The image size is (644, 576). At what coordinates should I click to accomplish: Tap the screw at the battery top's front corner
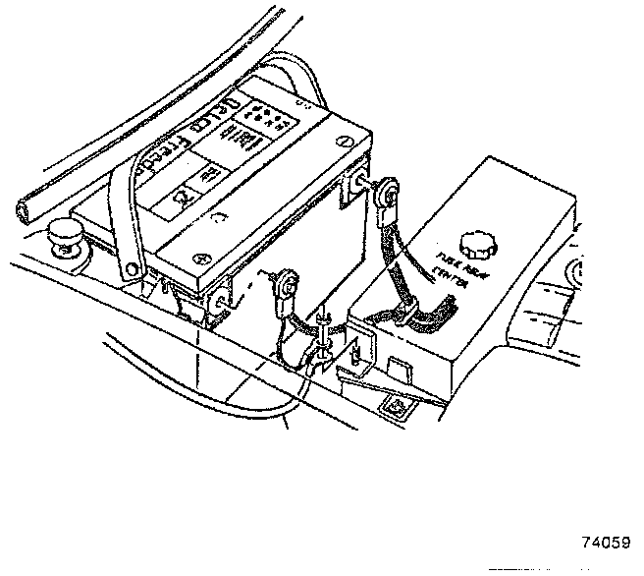coord(202,259)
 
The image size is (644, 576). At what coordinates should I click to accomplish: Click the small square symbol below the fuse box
coord(400,404)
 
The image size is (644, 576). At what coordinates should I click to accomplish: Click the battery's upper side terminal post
coord(362,181)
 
